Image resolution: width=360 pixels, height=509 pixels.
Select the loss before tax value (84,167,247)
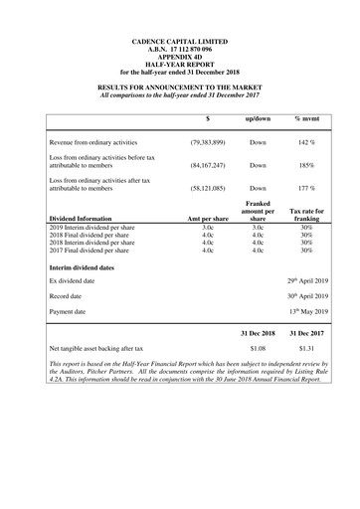(x=210, y=165)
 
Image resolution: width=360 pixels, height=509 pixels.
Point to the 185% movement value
(x=304, y=165)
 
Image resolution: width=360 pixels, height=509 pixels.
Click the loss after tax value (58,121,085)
(x=210, y=187)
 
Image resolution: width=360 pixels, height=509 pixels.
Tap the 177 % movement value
(x=304, y=187)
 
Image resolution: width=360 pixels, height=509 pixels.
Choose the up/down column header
(x=258, y=119)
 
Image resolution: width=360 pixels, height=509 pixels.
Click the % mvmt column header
(x=305, y=119)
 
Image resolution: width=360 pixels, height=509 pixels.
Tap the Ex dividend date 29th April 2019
(x=306, y=281)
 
